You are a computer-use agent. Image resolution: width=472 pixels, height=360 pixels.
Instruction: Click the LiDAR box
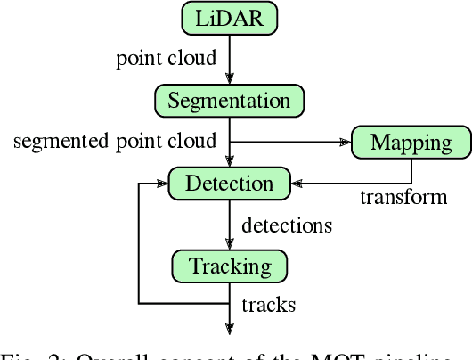click(x=229, y=17)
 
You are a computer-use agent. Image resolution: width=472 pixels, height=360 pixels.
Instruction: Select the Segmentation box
click(x=229, y=100)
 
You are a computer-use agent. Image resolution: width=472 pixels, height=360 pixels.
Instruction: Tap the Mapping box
click(x=411, y=142)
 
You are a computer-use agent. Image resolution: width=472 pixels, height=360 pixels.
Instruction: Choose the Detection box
click(x=229, y=183)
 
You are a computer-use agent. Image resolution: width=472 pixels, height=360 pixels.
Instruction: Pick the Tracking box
click(x=229, y=266)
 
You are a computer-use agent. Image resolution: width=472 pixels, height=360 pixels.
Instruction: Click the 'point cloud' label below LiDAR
click(x=166, y=59)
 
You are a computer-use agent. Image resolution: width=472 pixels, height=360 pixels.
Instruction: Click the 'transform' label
click(x=403, y=197)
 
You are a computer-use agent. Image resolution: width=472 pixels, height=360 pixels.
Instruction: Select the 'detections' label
click(x=285, y=225)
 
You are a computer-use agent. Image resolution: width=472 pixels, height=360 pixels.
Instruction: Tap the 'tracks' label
click(x=268, y=305)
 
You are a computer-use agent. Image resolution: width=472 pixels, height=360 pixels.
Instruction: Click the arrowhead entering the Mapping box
click(x=346, y=142)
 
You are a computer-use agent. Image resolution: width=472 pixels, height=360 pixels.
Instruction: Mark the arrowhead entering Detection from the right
click(x=297, y=184)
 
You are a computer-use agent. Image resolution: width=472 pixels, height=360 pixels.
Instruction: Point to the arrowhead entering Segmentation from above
click(x=229, y=80)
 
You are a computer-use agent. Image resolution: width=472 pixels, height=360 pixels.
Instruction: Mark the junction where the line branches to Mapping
click(x=229, y=142)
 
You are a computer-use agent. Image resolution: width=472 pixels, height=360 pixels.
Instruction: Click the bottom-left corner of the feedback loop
click(x=138, y=304)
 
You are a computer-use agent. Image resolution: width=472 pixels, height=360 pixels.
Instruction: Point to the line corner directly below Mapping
click(x=411, y=184)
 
